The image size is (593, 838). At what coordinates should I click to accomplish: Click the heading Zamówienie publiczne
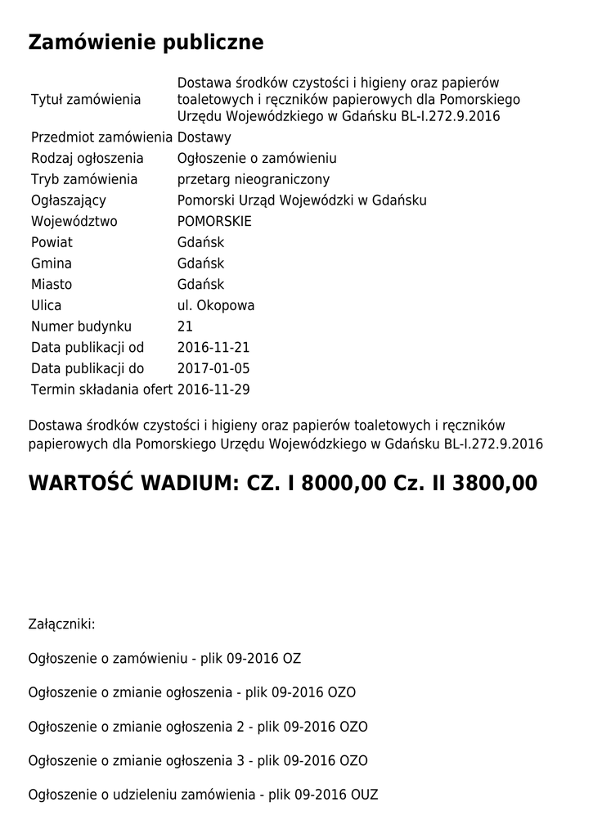point(146,43)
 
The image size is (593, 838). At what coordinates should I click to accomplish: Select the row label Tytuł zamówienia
point(86,100)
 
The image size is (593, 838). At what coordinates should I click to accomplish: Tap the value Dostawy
point(204,137)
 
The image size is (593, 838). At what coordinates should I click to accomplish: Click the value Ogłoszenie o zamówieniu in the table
point(257,159)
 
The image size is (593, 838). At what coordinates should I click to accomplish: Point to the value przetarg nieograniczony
point(254,179)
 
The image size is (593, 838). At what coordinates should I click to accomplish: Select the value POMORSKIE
point(214,222)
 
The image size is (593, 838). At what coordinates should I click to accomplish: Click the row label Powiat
point(52,243)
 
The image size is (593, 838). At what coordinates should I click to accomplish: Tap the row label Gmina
point(51,264)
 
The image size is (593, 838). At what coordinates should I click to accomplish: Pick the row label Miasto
point(52,285)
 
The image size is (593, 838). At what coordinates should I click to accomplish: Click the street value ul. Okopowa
point(216,306)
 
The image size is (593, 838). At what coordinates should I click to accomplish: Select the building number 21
point(185,327)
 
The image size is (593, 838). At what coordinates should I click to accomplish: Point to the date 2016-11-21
point(213,348)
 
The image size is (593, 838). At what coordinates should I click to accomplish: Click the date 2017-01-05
point(213,369)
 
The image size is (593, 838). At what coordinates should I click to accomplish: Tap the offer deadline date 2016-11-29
point(213,390)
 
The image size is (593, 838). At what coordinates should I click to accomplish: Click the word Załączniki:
point(61,624)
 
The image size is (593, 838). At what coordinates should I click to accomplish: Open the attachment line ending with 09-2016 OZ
point(170,659)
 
